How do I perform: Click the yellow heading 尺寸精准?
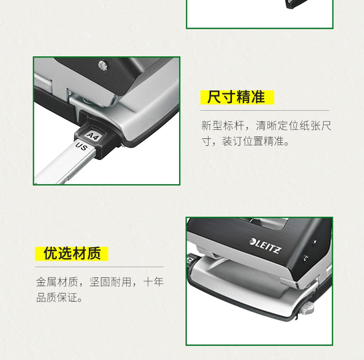(x=236, y=97)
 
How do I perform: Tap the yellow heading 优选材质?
(x=72, y=253)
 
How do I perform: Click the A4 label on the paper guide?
(x=93, y=136)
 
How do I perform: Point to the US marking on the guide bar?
(x=82, y=146)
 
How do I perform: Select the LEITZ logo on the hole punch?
(x=265, y=246)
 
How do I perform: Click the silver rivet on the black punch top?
(x=102, y=66)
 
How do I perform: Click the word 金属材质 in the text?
(x=57, y=282)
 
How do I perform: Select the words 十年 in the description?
(x=153, y=282)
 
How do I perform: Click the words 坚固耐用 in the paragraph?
(x=110, y=282)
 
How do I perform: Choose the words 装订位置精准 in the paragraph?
(x=253, y=141)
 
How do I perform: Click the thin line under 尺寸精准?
(x=265, y=110)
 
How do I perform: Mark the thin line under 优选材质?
(x=99, y=267)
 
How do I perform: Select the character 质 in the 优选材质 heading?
(x=94, y=253)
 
